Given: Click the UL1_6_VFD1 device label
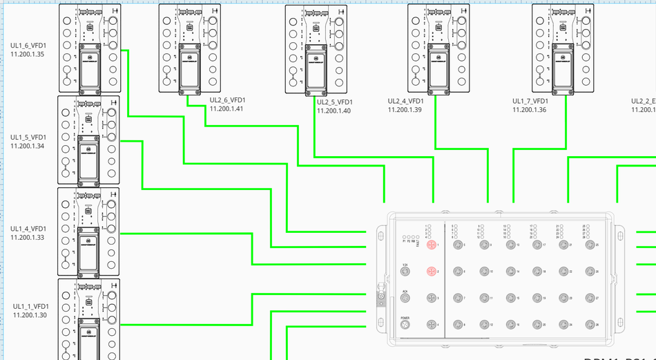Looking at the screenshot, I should click(28, 46).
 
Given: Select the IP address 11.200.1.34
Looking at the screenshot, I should click(28, 146).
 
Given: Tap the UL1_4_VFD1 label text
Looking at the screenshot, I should click(28, 229).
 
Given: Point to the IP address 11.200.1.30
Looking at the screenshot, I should click(30, 315).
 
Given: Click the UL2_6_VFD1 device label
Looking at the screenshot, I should click(227, 100).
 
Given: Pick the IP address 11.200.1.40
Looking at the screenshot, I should click(334, 111).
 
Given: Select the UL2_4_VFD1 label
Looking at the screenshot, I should click(405, 101).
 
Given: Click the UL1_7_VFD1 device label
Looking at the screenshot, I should click(529, 101).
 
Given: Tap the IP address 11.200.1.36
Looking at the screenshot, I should click(529, 110).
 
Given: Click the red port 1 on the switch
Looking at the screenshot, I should click(431, 245).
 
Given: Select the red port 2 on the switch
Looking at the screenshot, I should click(431, 271).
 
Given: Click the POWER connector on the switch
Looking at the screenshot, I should click(405, 325).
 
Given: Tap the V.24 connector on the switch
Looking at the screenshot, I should click(405, 272).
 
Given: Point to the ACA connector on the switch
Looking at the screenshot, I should click(405, 298).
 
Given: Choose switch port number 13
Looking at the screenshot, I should click(510, 245).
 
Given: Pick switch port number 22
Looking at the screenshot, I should click(564, 271).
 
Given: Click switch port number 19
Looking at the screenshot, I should click(537, 298).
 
